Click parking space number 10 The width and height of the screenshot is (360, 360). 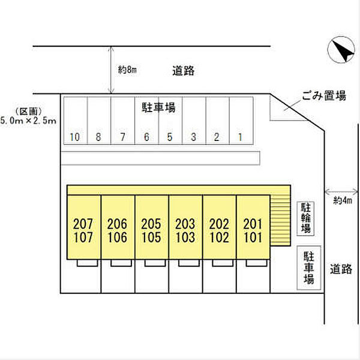(76, 121)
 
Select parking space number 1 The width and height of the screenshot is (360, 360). (241, 121)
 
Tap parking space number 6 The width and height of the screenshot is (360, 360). (147, 121)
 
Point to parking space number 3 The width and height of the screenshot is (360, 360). (194, 121)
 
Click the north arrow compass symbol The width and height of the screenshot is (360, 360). (341, 50)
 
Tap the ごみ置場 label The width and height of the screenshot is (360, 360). (324, 95)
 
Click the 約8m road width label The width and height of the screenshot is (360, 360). (127, 70)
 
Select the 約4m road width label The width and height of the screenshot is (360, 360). (343, 200)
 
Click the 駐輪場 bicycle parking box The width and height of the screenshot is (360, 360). (305, 218)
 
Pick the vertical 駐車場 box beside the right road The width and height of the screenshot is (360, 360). (309, 268)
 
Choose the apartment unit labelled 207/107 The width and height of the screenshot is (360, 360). (84, 227)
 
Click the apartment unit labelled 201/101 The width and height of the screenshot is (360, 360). (253, 227)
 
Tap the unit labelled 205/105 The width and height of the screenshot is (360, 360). (152, 227)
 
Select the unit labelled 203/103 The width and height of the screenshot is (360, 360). (185, 227)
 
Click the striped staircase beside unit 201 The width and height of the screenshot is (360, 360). (280, 220)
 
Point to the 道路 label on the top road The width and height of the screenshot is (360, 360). (184, 70)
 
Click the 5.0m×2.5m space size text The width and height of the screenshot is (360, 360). (28, 121)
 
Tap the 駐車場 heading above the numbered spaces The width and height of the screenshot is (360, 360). (158, 107)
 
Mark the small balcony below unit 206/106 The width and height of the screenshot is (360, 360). (121, 263)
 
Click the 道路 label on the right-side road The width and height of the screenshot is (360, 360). (341, 269)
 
